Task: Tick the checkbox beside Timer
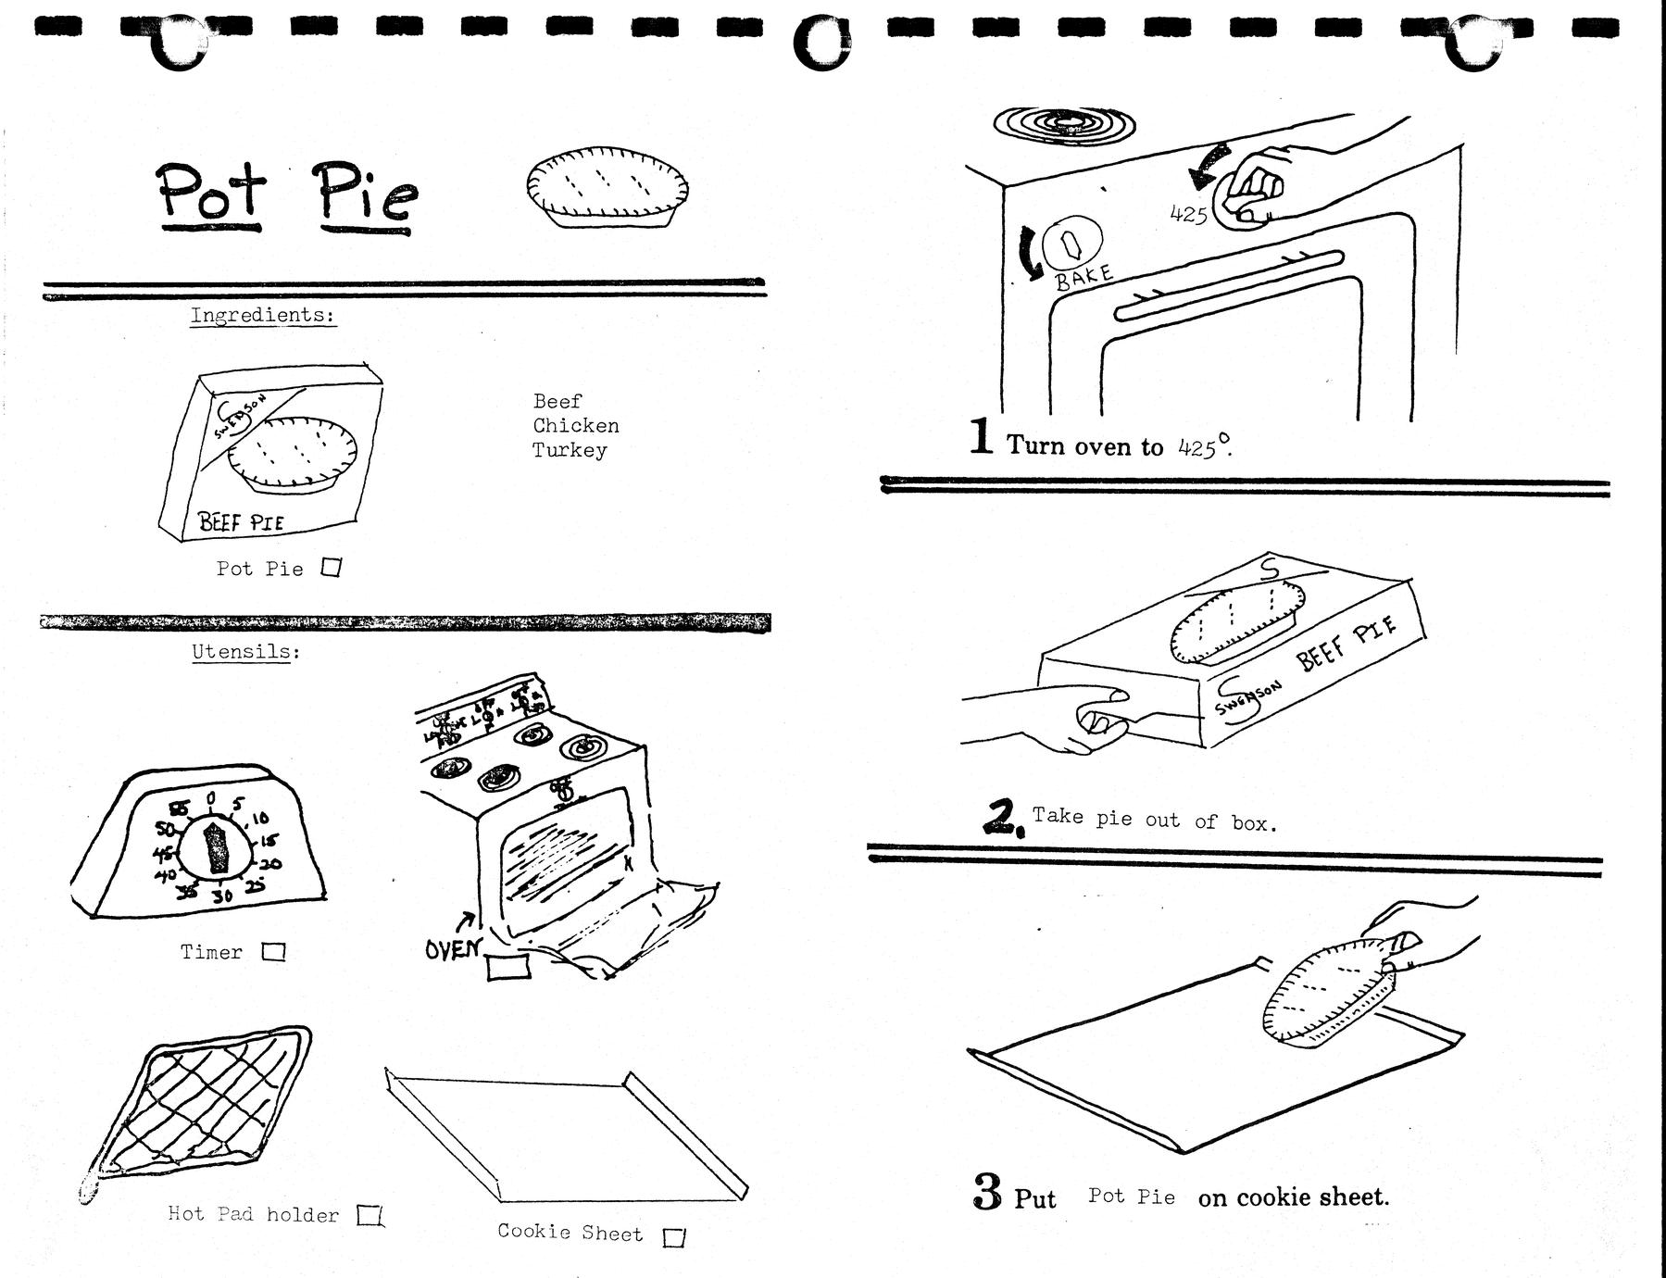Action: click(x=273, y=951)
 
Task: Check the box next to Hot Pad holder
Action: click(x=370, y=1214)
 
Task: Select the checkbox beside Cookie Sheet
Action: click(x=675, y=1236)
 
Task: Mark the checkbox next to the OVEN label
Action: click(x=507, y=966)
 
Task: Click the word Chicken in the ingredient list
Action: click(x=575, y=426)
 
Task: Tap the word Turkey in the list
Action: click(x=569, y=451)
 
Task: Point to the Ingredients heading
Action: click(x=262, y=315)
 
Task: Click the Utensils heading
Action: click(x=245, y=652)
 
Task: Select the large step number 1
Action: click(x=982, y=436)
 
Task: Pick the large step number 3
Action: click(x=987, y=1193)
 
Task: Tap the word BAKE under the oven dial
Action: click(x=1084, y=275)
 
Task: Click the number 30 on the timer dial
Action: click(x=222, y=896)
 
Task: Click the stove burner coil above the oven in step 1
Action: click(x=1064, y=123)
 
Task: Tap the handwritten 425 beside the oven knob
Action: click(x=1188, y=214)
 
